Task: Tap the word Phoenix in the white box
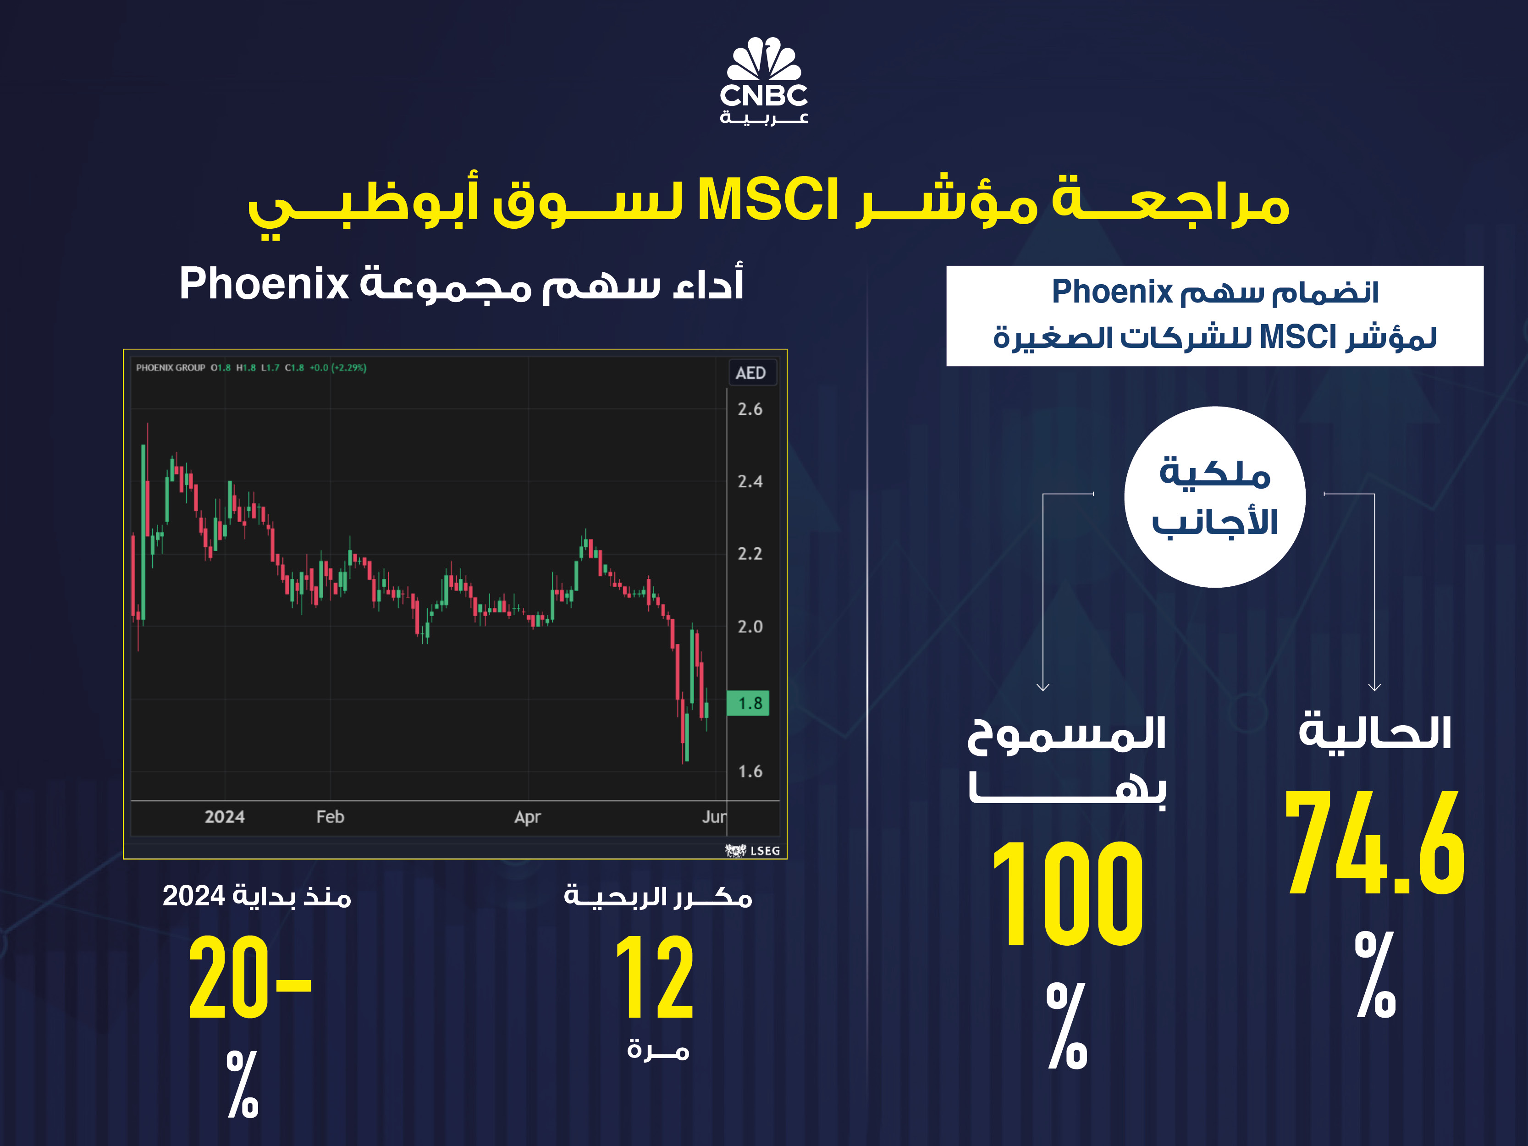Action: pyautogui.click(x=1112, y=292)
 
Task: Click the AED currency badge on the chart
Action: pyautogui.click(x=751, y=373)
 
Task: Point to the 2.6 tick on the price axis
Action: pyautogui.click(x=750, y=409)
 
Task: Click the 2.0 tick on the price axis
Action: pyautogui.click(x=750, y=627)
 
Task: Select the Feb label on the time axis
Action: pyautogui.click(x=330, y=816)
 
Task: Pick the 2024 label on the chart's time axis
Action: pyautogui.click(x=225, y=816)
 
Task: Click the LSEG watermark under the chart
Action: pyautogui.click(x=753, y=850)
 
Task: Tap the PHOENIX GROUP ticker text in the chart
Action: pyautogui.click(x=171, y=368)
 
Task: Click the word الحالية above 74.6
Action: pyautogui.click(x=1374, y=732)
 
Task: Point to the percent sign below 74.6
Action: pyautogui.click(x=1374, y=974)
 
